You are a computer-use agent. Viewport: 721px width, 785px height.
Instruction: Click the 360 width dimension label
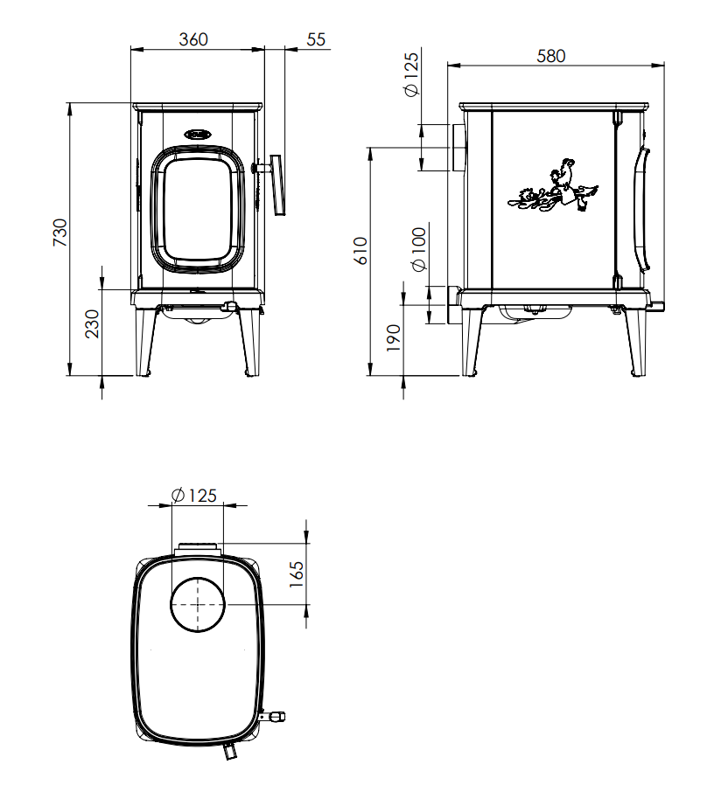click(x=192, y=39)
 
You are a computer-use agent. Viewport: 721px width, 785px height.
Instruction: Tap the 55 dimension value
click(x=316, y=39)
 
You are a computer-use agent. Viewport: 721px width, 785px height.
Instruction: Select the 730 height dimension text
click(x=60, y=233)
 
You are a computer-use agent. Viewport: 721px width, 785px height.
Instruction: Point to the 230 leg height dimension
click(x=92, y=323)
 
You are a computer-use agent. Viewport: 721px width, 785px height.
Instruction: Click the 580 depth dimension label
click(x=550, y=56)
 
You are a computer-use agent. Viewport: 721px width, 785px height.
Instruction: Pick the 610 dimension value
click(x=360, y=251)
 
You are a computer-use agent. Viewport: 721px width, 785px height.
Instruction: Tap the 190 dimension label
click(x=395, y=338)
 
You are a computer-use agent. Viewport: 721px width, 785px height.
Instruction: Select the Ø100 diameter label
click(x=419, y=249)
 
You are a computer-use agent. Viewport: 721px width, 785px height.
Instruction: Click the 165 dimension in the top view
click(x=297, y=574)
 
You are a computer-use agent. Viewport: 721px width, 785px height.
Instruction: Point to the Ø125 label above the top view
click(x=194, y=496)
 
